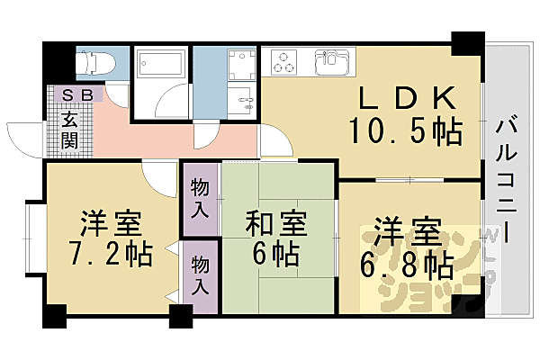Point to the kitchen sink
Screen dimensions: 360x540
(x=330, y=64)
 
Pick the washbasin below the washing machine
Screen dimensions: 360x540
(x=243, y=99)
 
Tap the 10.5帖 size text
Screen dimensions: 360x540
(x=406, y=131)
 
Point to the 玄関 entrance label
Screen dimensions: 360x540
(x=69, y=129)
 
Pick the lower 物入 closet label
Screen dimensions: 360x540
(x=201, y=277)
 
